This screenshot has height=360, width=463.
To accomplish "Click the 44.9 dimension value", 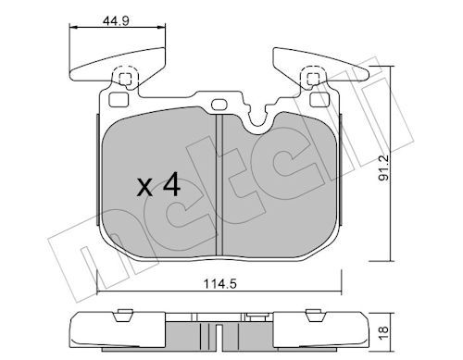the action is [x=116, y=21].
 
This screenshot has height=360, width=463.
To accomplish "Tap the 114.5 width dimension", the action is [x=219, y=283].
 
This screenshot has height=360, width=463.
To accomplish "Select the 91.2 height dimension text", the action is [x=384, y=168].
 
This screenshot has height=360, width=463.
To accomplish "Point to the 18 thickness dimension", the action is [x=383, y=333].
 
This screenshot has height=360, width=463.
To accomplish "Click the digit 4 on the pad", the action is [x=171, y=184].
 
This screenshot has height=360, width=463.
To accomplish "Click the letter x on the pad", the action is [x=144, y=188].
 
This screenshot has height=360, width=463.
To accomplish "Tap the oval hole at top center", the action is [x=219, y=105].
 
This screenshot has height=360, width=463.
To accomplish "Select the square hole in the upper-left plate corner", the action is [x=119, y=100].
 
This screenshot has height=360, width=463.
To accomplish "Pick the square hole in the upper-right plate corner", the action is [x=319, y=100].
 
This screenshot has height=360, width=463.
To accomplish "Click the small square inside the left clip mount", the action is [x=125, y=79].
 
